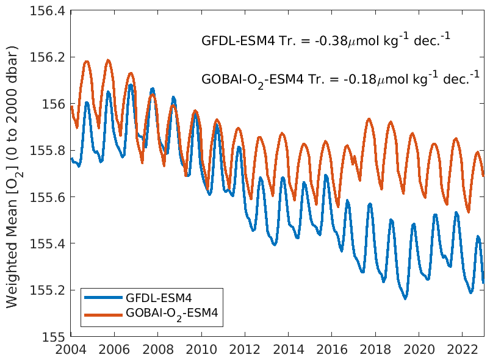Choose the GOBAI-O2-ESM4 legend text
pyautogui.click(x=172, y=314)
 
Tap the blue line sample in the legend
pyautogui.click(x=104, y=298)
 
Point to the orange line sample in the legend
pyautogui.click(x=104, y=314)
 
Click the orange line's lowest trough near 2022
pyautogui.click(x=468, y=212)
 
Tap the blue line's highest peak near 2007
pyautogui.click(x=131, y=85)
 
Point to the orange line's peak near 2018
pyautogui.click(x=369, y=119)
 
